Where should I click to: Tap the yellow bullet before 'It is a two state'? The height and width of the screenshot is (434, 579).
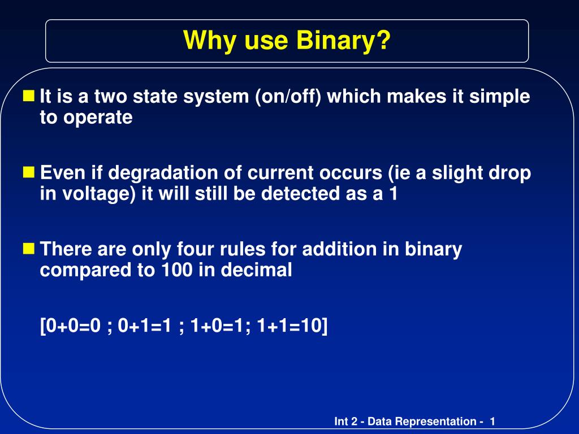[x=29, y=95]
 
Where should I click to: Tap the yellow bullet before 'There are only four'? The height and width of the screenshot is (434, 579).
[x=29, y=248]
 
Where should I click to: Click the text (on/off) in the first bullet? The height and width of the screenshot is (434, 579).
[x=288, y=97]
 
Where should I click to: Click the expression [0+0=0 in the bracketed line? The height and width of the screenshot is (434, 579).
[x=70, y=325]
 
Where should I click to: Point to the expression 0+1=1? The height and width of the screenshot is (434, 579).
[x=145, y=325]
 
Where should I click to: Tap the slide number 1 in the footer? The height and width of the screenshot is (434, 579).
[x=492, y=422]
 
